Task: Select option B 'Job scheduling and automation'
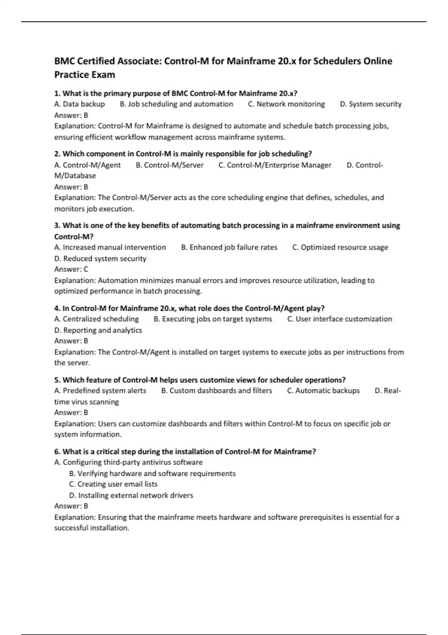tap(176, 104)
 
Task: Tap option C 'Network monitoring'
tap(286, 104)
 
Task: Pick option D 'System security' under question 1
tap(371, 104)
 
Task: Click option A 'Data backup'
tap(80, 104)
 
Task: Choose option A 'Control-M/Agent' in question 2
tap(87, 165)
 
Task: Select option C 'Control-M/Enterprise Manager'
tap(275, 165)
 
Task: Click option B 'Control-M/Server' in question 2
tap(169, 165)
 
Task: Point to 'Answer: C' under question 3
tap(71, 269)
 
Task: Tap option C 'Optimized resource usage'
tap(340, 247)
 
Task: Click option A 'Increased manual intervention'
tap(110, 247)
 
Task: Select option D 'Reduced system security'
tap(100, 258)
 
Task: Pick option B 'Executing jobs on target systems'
tap(213, 319)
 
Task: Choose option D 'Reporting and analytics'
tap(98, 330)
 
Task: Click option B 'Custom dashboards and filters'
tap(217, 391)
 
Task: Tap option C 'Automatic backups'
tap(323, 391)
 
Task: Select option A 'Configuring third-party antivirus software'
tap(128, 462)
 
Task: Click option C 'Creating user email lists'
tap(113, 484)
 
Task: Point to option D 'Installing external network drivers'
tap(131, 495)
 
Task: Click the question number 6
tap(57, 452)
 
